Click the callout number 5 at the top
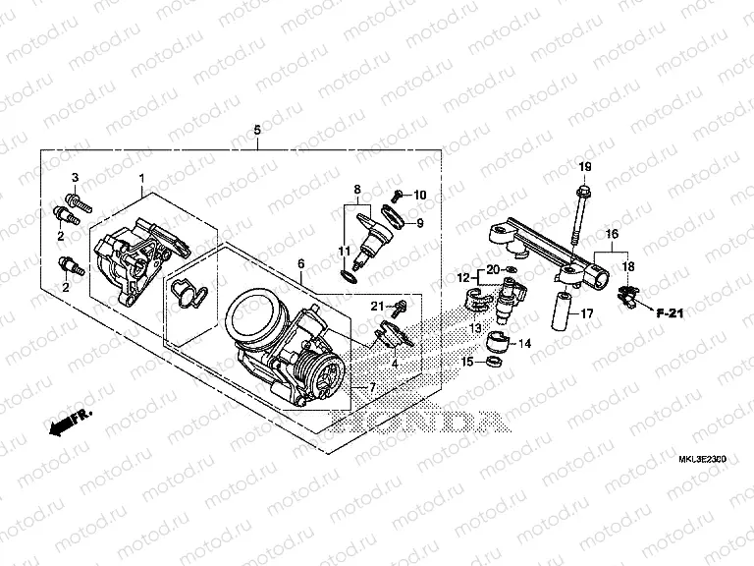(257, 131)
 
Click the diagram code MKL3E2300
(705, 458)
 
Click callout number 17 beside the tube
(586, 314)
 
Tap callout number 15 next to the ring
(467, 363)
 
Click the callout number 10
(421, 194)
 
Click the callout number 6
(300, 264)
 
